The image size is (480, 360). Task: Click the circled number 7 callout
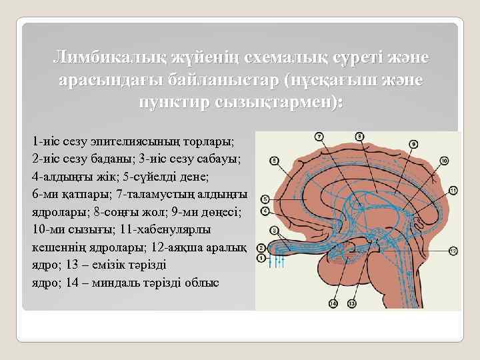coord(319,137)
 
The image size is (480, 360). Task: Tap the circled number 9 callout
coord(413,143)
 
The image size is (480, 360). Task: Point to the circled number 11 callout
coord(453,191)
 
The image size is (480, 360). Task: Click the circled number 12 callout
coord(453,251)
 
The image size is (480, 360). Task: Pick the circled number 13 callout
coord(351,303)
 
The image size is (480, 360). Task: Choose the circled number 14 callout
coord(333,303)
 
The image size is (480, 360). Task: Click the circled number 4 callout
coord(265,211)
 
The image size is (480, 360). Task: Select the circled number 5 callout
coord(265,199)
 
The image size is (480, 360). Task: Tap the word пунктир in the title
coord(174,103)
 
